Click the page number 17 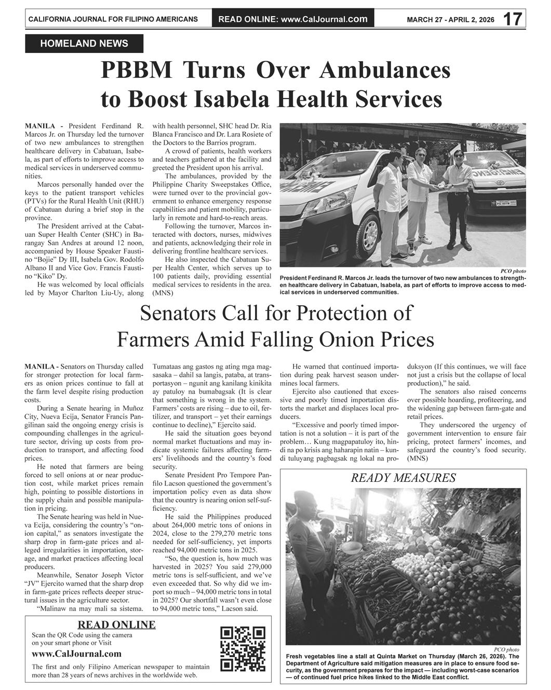513,19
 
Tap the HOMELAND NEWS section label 84,44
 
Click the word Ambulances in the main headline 385,70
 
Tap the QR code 243,649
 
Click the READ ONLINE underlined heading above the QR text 116,625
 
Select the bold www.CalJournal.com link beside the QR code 76,654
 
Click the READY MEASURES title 403,478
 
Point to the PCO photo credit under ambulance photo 513,271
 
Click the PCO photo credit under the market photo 506,650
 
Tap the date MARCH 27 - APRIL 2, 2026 450,20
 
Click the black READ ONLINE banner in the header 293,19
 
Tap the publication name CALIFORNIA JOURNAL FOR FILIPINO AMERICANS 113,20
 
